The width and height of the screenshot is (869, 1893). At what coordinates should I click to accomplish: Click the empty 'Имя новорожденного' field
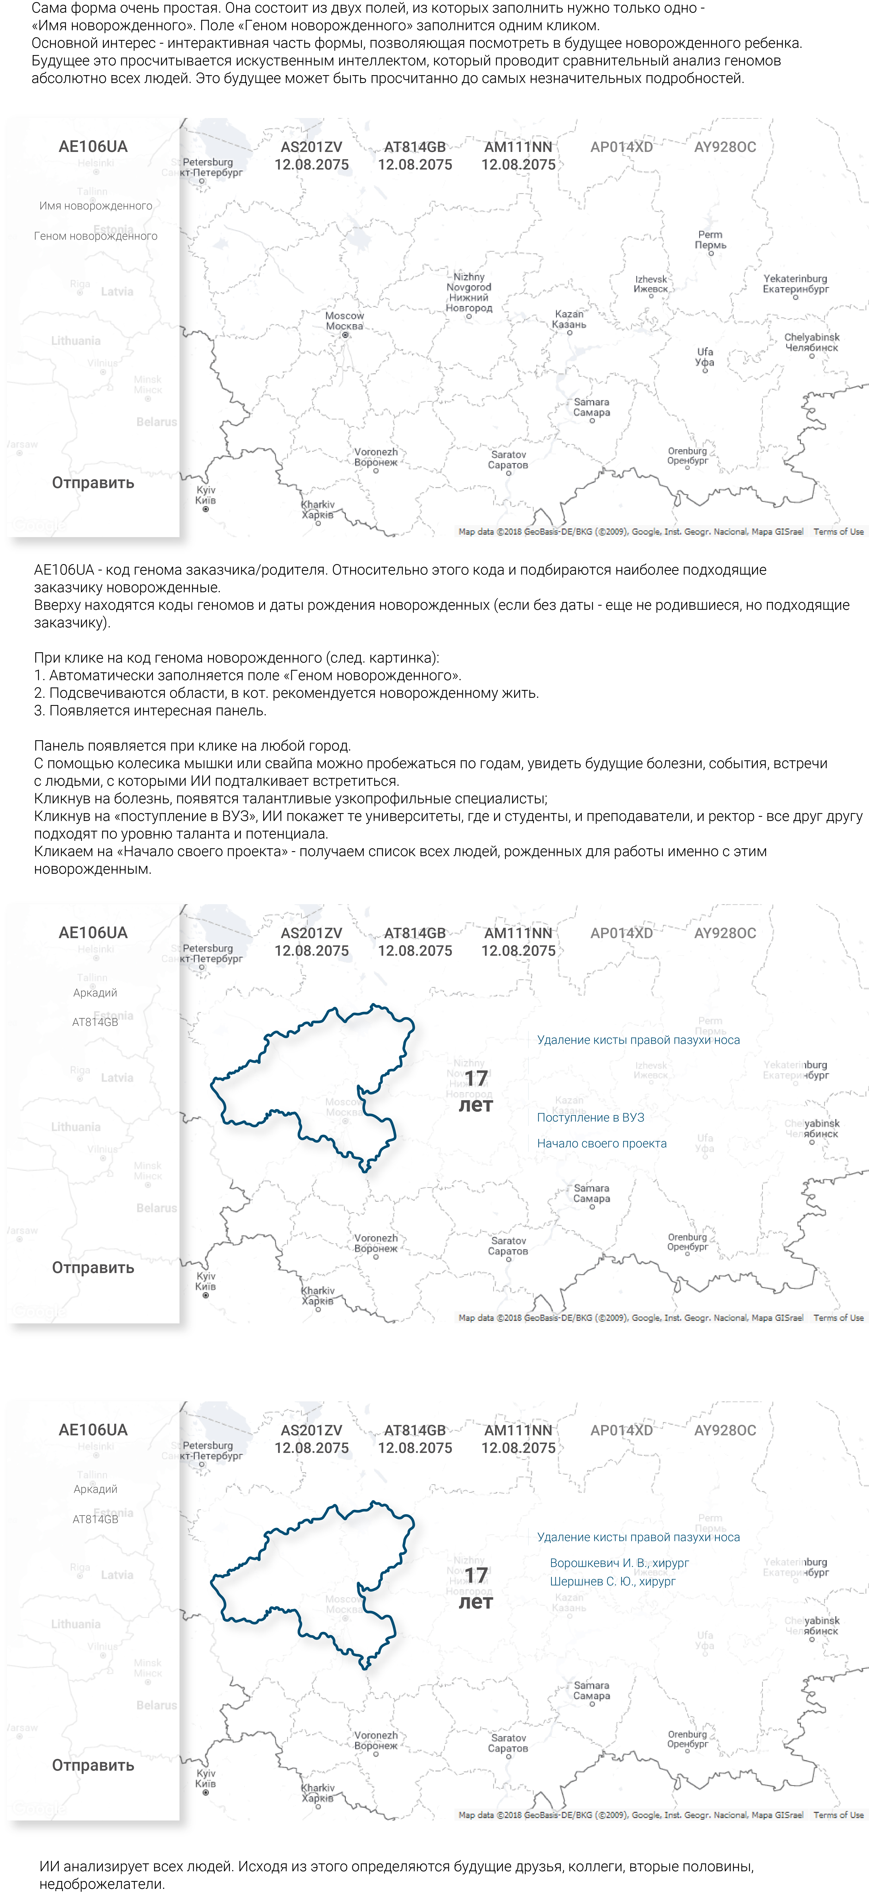tap(96, 206)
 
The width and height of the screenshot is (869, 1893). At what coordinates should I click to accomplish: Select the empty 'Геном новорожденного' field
tap(96, 236)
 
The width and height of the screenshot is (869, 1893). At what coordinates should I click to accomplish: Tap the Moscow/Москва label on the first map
tap(344, 321)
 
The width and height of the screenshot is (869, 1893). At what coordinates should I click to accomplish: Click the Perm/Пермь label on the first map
tap(710, 239)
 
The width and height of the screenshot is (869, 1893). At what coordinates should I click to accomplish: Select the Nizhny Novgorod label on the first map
tap(469, 292)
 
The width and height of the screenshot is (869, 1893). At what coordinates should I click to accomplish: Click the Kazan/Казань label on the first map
tap(569, 319)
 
